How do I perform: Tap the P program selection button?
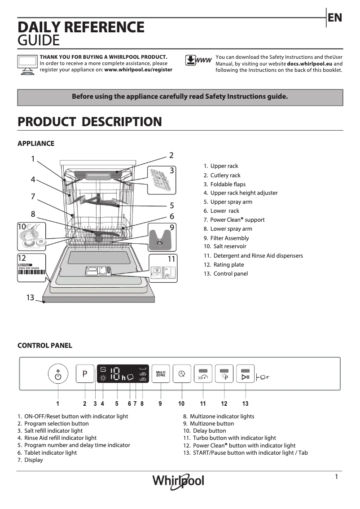(84, 374)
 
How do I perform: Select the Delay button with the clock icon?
(181, 374)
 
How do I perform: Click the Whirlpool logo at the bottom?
(178, 481)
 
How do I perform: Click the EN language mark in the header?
(335, 18)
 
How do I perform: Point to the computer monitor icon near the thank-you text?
(26, 64)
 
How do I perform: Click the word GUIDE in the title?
(39, 41)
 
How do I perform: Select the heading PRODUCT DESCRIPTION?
(89, 122)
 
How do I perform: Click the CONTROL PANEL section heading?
(44, 346)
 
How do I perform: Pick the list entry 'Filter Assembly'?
(229, 238)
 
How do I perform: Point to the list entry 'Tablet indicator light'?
(50, 452)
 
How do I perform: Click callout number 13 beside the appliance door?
(30, 297)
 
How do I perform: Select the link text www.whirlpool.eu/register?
(138, 70)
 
